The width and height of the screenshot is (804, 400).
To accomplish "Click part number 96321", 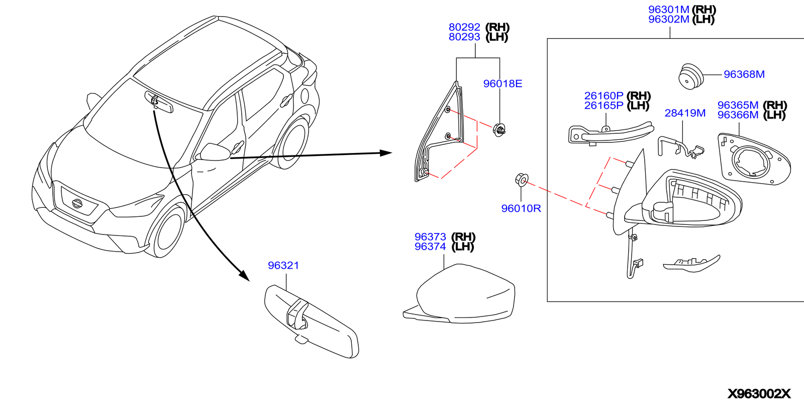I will click(x=283, y=265).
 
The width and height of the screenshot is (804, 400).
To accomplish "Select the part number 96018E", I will click(x=502, y=84).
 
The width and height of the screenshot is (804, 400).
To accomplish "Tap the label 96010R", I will click(x=521, y=208).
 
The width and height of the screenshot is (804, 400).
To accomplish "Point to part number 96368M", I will click(x=744, y=74).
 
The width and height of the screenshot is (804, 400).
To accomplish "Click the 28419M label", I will click(x=685, y=113).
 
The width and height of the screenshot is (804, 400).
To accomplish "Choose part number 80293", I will click(x=464, y=37).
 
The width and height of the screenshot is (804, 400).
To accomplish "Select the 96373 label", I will click(x=430, y=236).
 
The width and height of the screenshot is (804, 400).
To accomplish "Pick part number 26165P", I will click(x=604, y=106).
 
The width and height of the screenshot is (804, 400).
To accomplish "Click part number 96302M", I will click(x=668, y=19).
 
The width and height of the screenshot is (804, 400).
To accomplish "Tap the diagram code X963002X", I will click(x=759, y=393).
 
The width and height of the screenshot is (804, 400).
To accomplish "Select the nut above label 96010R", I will click(x=522, y=179).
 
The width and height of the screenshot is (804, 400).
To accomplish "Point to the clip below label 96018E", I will click(x=499, y=130).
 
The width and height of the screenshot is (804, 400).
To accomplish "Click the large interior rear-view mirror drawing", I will click(x=312, y=321).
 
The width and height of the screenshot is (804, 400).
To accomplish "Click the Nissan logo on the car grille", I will click(x=77, y=203).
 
